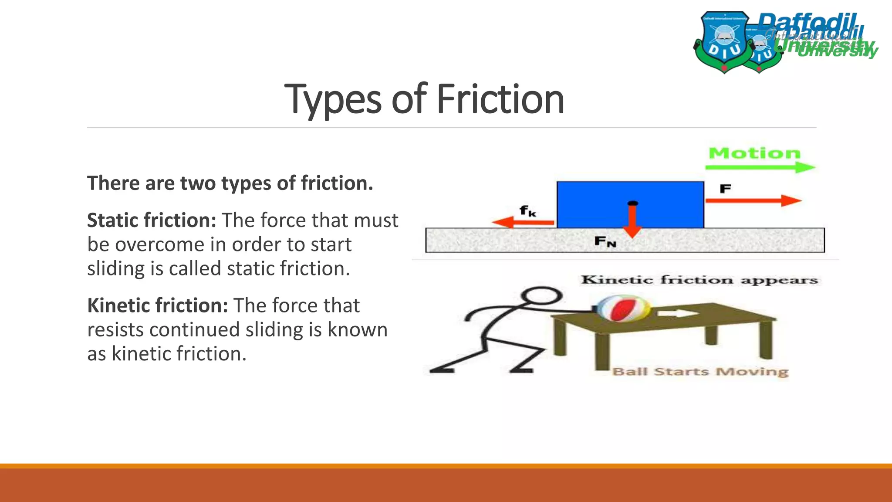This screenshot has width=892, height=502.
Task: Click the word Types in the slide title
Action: pos(333,100)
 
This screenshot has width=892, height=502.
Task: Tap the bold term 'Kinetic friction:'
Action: pos(158,305)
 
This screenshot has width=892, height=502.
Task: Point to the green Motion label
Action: pos(754,153)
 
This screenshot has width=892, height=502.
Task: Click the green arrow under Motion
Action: pos(760,167)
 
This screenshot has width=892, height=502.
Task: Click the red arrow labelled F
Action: pos(753,200)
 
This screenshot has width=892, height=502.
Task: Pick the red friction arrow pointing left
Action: pos(523,222)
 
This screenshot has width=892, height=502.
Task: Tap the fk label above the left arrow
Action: pos(527,211)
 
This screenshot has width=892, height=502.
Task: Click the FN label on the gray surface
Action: pos(605,241)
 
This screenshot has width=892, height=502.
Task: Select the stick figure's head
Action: pos(541,296)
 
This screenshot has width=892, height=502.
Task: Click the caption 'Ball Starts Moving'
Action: pos(700,372)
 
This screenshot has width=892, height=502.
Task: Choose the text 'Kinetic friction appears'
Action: pos(699,280)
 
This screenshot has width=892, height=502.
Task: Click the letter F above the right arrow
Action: pos(725,189)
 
